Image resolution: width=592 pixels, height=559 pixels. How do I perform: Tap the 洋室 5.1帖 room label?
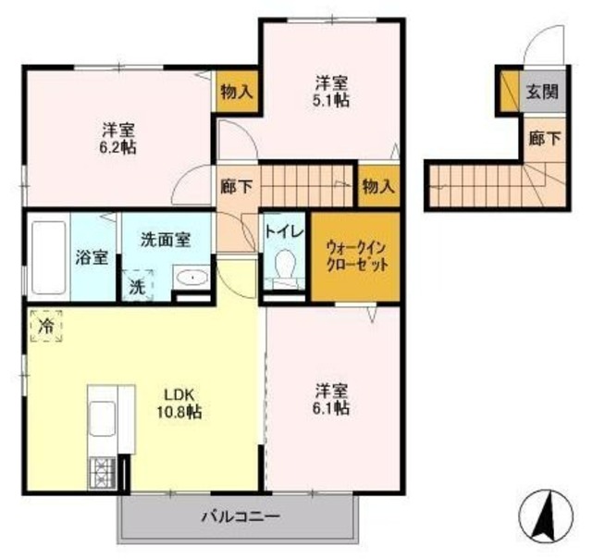click(330, 90)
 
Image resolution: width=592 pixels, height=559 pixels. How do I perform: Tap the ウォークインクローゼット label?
click(356, 255)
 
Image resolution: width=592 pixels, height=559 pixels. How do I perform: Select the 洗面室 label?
click(166, 239)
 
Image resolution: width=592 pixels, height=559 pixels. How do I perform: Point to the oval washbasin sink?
click(192, 278)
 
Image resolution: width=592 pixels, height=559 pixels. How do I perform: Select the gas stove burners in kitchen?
click(99, 474)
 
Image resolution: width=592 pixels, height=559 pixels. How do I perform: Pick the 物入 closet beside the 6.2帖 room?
click(236, 92)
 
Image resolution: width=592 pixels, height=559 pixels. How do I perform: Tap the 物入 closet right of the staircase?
click(377, 186)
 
